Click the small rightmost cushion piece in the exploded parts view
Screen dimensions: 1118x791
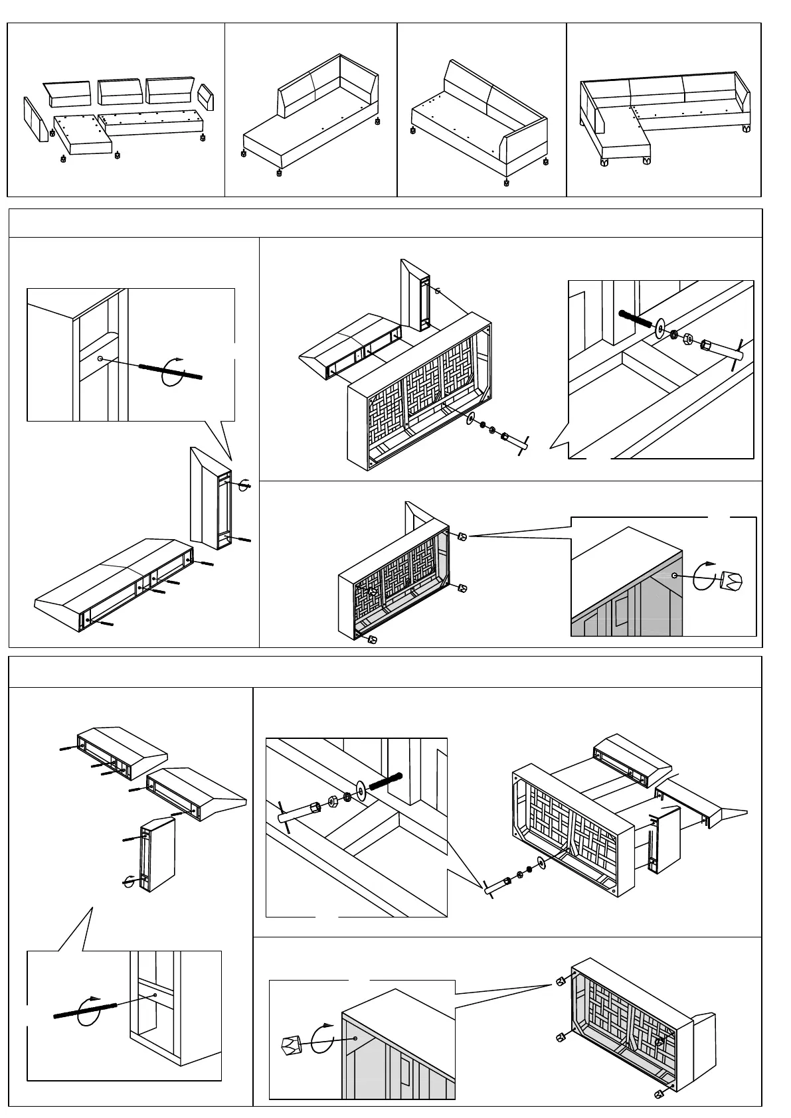coord(207,98)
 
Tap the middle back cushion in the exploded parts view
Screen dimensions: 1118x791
coord(120,92)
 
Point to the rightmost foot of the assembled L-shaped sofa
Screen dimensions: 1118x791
coord(745,127)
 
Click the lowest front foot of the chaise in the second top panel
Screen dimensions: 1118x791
coord(279,173)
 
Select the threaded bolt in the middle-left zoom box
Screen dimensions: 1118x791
coord(169,372)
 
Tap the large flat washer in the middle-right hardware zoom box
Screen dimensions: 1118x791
coord(661,327)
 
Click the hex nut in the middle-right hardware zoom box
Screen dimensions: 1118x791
coord(689,339)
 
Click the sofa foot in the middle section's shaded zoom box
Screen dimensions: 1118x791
coord(731,580)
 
